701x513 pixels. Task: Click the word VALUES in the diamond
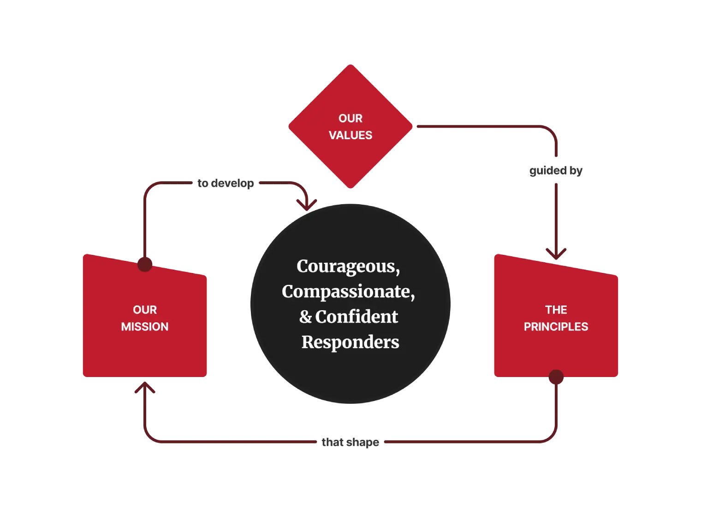click(x=350, y=135)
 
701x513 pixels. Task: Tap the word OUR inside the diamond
click(x=350, y=118)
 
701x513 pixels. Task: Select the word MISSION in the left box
click(x=145, y=326)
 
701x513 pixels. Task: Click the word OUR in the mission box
click(x=145, y=310)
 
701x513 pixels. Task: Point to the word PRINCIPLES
click(x=556, y=326)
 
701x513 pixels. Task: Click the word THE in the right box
click(x=556, y=310)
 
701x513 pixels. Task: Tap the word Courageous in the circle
click(x=346, y=266)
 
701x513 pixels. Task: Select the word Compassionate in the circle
click(x=346, y=292)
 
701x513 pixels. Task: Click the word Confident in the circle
click(x=356, y=317)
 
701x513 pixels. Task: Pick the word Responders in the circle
click(x=350, y=342)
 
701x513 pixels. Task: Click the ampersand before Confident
click(x=305, y=317)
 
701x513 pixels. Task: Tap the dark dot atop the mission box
click(x=145, y=264)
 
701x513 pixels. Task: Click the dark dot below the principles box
click(x=556, y=377)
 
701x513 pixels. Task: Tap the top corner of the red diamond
click(x=350, y=66)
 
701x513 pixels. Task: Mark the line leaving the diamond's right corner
click(x=461, y=124)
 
